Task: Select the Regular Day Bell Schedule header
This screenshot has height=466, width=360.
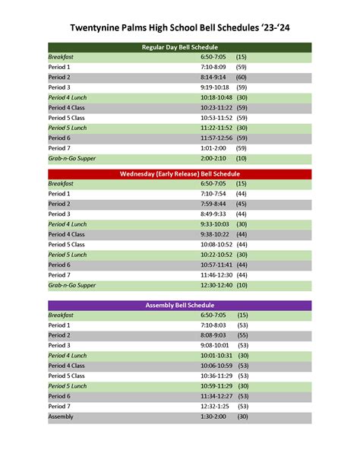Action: pyautogui.click(x=179, y=47)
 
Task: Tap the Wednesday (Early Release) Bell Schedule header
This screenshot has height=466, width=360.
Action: pyautogui.click(x=179, y=174)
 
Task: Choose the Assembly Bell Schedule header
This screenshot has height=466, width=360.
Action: pyautogui.click(x=179, y=305)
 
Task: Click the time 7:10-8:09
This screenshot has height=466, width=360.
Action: pyautogui.click(x=213, y=67)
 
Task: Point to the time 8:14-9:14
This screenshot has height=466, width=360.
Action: pyautogui.click(x=213, y=78)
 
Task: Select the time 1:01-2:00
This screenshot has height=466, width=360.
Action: pyautogui.click(x=213, y=148)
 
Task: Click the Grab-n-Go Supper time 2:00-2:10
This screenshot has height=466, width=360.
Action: pyautogui.click(x=213, y=159)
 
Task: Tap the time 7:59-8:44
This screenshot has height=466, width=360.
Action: pyautogui.click(x=213, y=204)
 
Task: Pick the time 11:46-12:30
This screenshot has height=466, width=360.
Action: pyautogui.click(x=217, y=275)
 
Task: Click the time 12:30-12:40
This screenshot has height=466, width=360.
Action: pyautogui.click(x=217, y=286)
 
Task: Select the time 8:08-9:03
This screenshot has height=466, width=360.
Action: pyautogui.click(x=213, y=335)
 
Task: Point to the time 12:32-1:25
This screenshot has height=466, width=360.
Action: pyautogui.click(x=215, y=407)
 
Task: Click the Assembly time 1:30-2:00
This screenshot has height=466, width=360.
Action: pyautogui.click(x=213, y=417)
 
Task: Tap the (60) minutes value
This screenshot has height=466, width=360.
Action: pyautogui.click(x=242, y=78)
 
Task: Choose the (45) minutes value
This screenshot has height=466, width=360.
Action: pyautogui.click(x=242, y=204)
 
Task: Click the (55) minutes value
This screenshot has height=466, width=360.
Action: pyautogui.click(x=243, y=335)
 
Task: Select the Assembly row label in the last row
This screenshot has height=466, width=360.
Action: pyautogui.click(x=61, y=417)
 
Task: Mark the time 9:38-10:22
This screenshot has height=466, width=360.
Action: pyautogui.click(x=216, y=235)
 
